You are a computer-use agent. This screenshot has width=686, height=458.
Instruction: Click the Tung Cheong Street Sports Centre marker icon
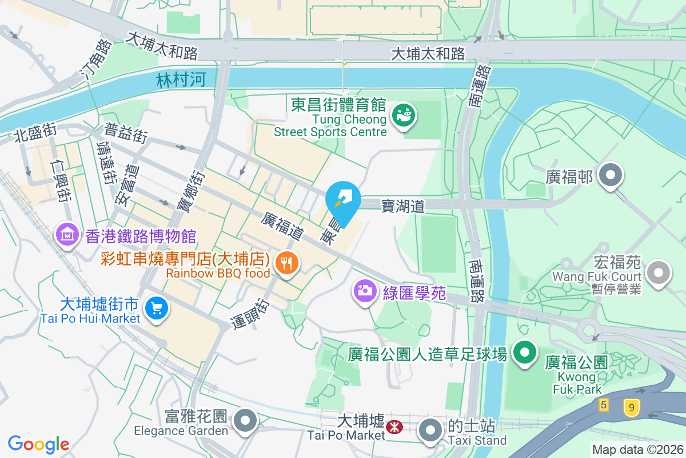point(404,116)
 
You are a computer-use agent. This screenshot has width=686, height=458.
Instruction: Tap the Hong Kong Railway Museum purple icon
point(67,234)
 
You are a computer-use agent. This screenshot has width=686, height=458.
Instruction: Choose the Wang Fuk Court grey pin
point(659,273)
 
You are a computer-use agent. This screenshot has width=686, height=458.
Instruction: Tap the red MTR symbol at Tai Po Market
point(393,427)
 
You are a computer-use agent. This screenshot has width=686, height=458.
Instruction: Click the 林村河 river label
point(180,80)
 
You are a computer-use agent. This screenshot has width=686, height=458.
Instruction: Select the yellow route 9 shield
point(631,408)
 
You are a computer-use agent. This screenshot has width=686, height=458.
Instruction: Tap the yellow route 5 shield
point(604,405)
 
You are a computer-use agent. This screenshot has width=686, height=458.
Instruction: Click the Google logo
point(38,444)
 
